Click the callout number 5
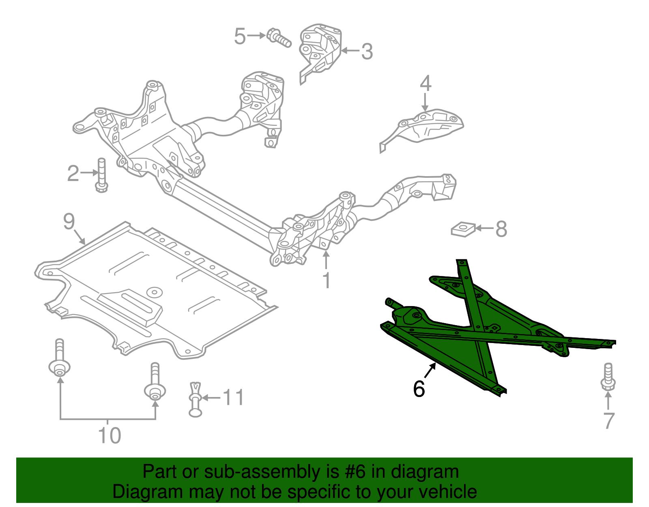240,37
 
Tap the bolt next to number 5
279,38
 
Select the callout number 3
367,52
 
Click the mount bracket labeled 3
320,51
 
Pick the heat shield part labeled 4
426,126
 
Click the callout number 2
73,173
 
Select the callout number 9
69,222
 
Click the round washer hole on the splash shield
155,292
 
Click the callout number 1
326,280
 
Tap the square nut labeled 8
463,229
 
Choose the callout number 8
501,229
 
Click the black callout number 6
419,388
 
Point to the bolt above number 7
608,378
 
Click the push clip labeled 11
195,400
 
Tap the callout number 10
110,436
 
